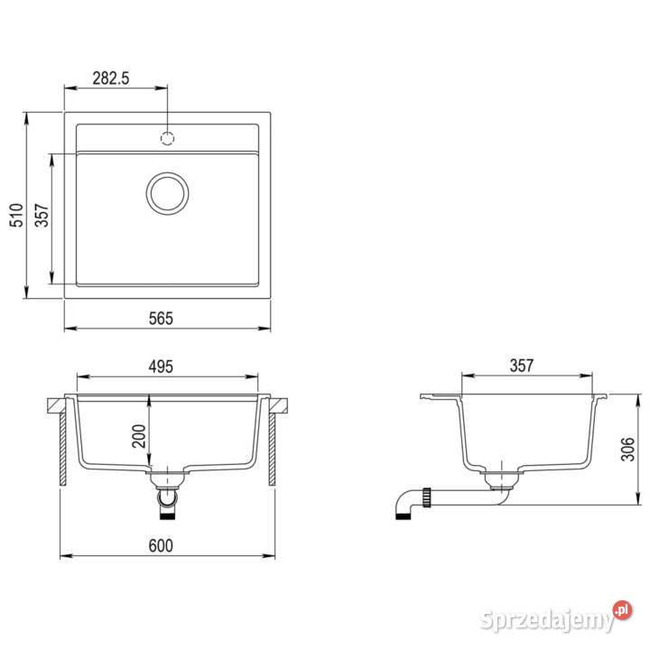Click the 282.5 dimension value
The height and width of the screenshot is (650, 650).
(111, 78)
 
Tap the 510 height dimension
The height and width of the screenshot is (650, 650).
(16, 215)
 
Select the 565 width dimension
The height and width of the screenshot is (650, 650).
(161, 319)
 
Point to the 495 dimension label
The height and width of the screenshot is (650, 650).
(161, 367)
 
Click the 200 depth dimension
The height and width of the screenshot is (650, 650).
(139, 436)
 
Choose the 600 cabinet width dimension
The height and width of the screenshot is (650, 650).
(161, 545)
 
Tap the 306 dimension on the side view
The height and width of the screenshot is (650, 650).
(627, 449)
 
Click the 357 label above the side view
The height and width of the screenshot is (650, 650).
(522, 366)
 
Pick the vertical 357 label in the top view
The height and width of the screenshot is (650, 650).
(42, 215)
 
